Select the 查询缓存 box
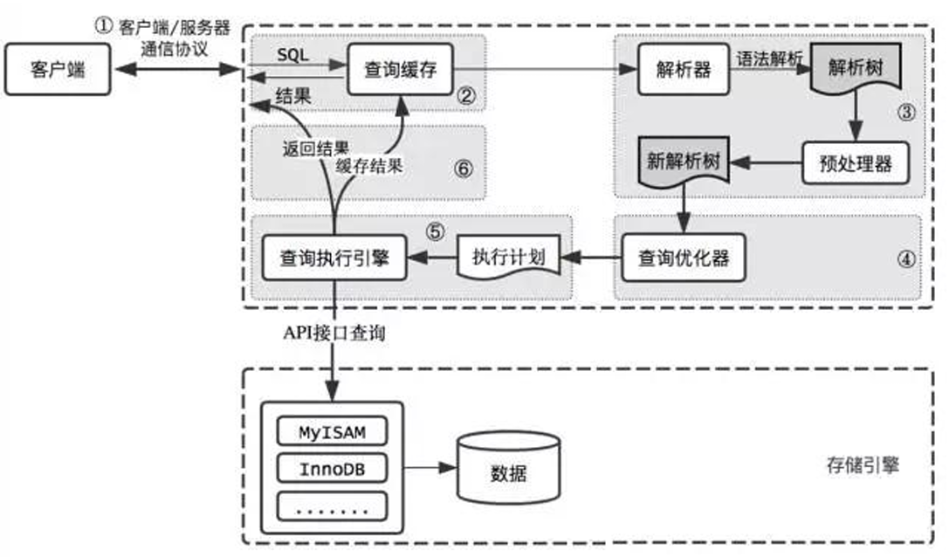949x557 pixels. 400,68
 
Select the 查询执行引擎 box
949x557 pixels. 334,258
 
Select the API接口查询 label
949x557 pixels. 332,333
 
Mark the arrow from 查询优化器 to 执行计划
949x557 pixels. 591,258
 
